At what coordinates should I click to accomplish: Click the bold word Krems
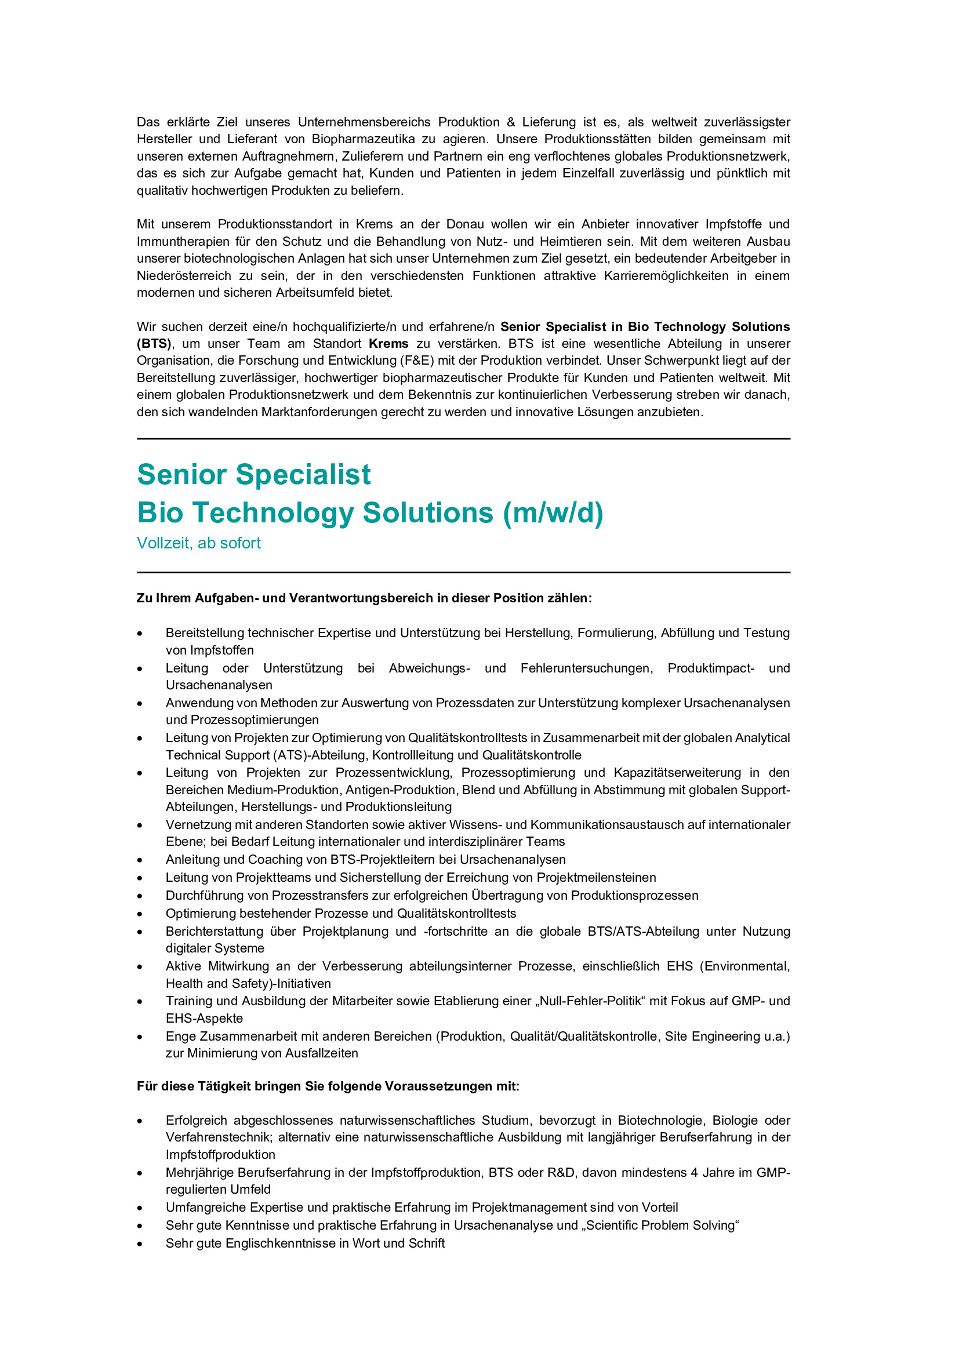pyautogui.click(x=388, y=344)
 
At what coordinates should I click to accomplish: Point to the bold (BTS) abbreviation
pyautogui.click(x=154, y=344)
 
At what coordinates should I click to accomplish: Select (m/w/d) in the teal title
pyautogui.click(x=553, y=512)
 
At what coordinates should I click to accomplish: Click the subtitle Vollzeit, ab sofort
pyautogui.click(x=198, y=543)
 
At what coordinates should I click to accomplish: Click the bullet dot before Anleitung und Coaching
pyautogui.click(x=140, y=860)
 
